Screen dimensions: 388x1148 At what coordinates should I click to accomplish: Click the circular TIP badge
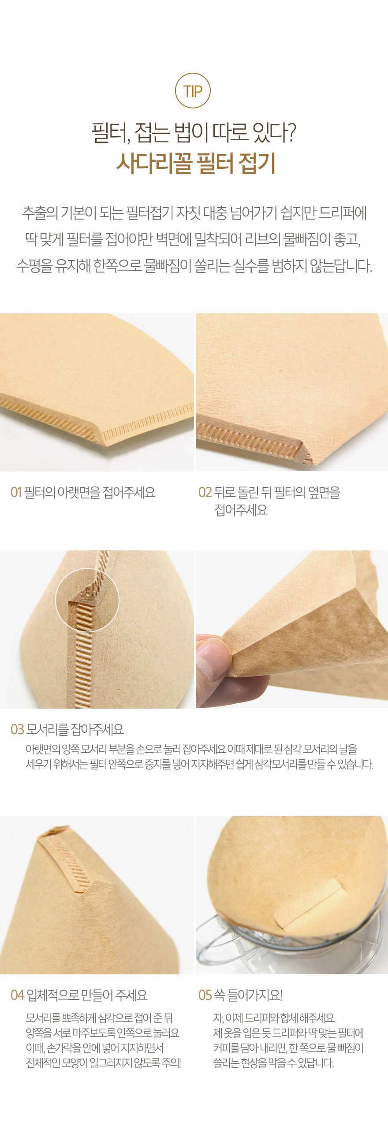pos(193,90)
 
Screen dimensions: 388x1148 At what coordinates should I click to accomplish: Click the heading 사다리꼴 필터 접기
pos(196,163)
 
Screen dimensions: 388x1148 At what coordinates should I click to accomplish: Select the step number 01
pos(16,492)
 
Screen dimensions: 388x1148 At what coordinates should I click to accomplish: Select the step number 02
pos(205,492)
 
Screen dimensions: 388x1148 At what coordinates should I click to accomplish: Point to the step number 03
pos(17,729)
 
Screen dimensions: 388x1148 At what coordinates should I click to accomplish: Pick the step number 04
pos(17,995)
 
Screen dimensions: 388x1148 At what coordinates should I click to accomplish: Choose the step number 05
pos(205,995)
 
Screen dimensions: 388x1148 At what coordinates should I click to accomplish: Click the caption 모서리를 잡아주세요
pos(75,729)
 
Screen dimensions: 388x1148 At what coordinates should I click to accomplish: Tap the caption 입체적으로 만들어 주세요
pos(87,995)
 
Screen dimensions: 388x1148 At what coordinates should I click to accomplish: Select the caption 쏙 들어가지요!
pos(248,995)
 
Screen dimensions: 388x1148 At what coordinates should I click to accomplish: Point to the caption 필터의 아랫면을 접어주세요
pos(90,492)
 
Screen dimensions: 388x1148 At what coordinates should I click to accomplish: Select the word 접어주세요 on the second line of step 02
pos(241,509)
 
